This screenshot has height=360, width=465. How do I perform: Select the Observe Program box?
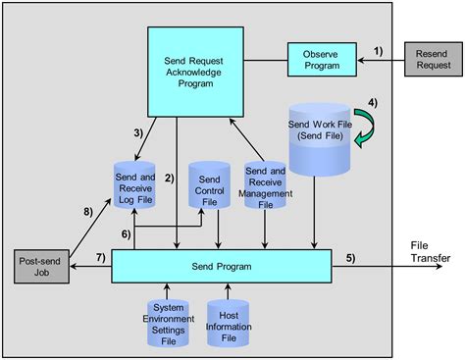click(322, 60)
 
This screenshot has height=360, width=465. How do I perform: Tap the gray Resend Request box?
click(432, 60)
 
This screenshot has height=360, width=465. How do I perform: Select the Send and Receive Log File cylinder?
click(133, 182)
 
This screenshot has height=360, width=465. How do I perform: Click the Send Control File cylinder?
click(208, 187)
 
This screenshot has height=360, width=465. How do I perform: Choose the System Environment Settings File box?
click(169, 321)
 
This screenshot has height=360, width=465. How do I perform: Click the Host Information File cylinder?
click(229, 322)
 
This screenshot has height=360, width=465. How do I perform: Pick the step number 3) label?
click(138, 131)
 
